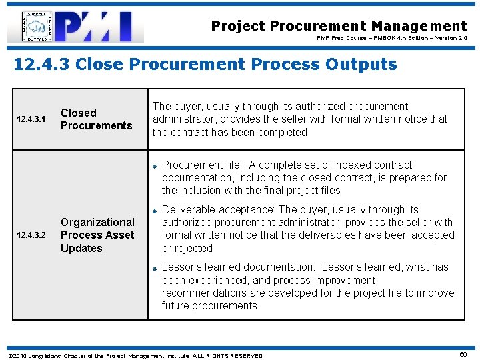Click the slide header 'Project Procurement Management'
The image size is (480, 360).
tap(339, 26)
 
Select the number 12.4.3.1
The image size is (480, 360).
tap(31, 119)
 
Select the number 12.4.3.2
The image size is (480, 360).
tap(31, 235)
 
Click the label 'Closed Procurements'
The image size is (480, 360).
tap(96, 119)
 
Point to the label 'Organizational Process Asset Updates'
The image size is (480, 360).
tap(97, 235)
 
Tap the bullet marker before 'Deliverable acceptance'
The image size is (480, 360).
tap(153, 211)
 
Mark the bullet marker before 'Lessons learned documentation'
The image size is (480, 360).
tap(153, 268)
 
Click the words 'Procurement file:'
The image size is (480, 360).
tap(203, 165)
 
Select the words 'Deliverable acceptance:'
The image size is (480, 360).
tap(219, 210)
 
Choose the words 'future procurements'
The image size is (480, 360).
tap(209, 306)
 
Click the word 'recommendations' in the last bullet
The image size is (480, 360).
tap(205, 293)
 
